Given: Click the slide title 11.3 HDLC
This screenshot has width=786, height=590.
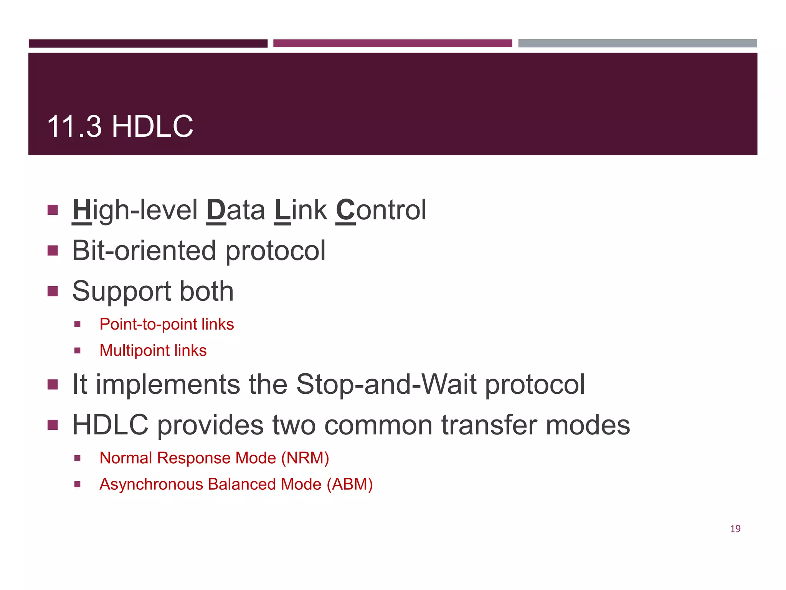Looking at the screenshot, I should pos(120,126).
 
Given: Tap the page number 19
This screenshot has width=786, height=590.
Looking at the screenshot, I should pos(735,529).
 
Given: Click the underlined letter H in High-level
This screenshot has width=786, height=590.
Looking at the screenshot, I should pos(82,210).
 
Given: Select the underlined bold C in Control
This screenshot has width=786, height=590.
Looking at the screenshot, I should pos(345,210).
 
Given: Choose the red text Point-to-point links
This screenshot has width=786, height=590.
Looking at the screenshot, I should pos(167,324).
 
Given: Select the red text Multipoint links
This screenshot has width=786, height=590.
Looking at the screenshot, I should pos(153,350).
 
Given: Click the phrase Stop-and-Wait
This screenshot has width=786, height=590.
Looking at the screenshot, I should pos(386,384).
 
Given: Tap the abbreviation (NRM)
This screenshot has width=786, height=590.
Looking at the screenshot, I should pos(305,458).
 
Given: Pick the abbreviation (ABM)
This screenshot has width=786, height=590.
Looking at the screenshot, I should pos(350,484).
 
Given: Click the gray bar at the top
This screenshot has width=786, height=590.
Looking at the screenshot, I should pos(637,43).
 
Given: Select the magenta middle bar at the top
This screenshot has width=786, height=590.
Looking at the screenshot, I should pos(392,43).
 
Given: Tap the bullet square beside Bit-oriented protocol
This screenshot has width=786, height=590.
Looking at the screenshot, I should pos(53,251).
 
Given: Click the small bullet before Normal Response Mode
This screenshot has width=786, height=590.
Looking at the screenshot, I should pos(78,458).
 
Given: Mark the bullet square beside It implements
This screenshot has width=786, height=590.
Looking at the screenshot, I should pos(53,384).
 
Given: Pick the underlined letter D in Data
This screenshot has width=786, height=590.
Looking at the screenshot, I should pos(216,210).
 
